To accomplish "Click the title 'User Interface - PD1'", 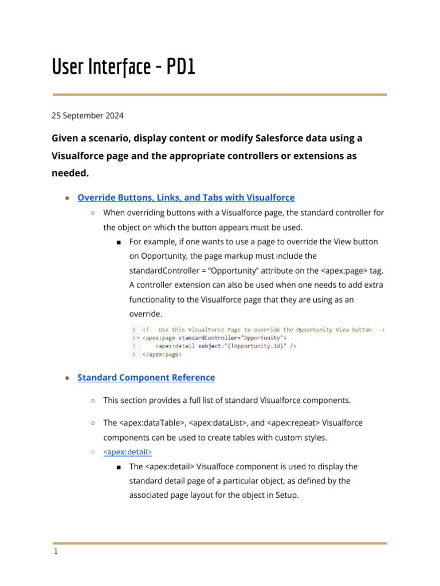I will click(124, 67).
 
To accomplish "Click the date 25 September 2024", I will click(88, 116).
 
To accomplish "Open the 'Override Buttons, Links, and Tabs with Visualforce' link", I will click(186, 197).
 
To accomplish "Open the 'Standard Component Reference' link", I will click(146, 377).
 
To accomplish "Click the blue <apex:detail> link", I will click(127, 452).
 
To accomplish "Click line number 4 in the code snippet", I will click(133, 354).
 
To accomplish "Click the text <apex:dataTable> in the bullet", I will click(152, 423).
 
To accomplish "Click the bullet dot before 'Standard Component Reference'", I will click(67, 378).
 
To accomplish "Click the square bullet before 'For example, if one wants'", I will click(118, 242).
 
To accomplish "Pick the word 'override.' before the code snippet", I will click(146, 314).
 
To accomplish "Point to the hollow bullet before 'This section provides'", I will click(93, 401).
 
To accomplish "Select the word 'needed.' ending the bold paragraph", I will click(71, 173).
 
